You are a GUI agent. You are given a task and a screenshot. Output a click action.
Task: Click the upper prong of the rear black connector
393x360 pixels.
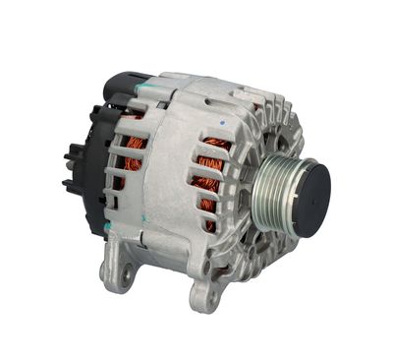70,156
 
